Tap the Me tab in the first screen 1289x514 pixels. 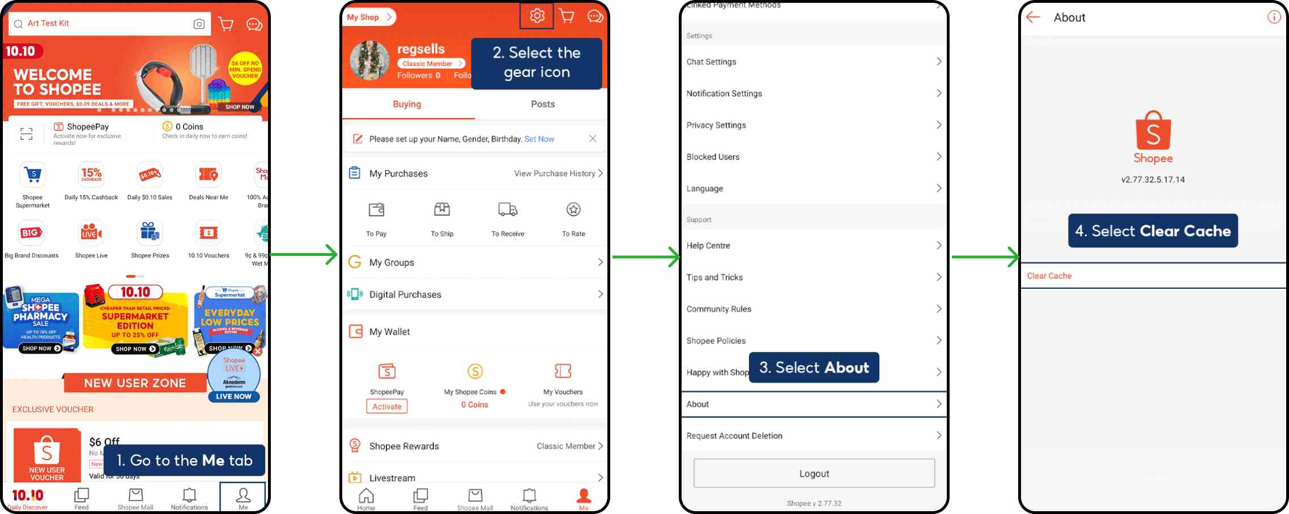[x=243, y=497]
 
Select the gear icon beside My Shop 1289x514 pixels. [x=537, y=16]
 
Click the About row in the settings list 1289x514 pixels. [x=814, y=404]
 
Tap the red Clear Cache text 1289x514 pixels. [x=1049, y=276]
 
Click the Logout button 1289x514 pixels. [x=814, y=473]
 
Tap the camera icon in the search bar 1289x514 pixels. [x=199, y=24]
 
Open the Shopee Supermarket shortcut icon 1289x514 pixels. [x=33, y=175]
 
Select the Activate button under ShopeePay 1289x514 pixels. [x=387, y=406]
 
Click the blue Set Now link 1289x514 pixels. [x=539, y=139]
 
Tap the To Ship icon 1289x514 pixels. [x=442, y=210]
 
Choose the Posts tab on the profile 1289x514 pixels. [x=542, y=104]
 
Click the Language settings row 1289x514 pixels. [x=814, y=189]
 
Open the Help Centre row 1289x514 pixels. [x=814, y=246]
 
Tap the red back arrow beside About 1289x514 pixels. [x=1033, y=18]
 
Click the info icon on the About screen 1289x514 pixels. [x=1273, y=17]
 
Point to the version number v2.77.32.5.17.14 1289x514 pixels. [x=1152, y=179]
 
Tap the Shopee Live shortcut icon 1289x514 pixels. [x=91, y=233]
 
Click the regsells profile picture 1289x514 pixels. [x=369, y=61]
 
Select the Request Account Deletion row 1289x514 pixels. [x=814, y=436]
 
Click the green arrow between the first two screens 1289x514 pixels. [x=306, y=255]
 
